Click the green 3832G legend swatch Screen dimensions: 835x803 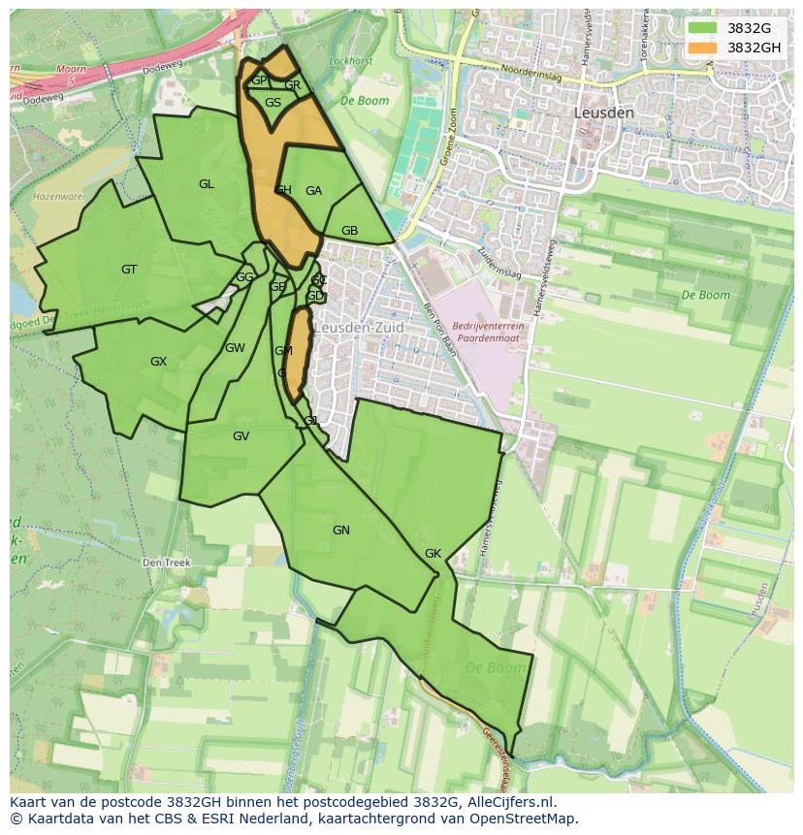point(702,28)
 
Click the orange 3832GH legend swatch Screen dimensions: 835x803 point(702,48)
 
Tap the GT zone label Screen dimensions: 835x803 point(129,270)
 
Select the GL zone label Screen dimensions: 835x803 point(207,184)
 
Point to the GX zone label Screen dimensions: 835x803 point(158,362)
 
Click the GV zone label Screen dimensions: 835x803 point(241,436)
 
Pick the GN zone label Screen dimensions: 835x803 point(340,530)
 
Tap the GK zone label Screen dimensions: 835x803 point(433,554)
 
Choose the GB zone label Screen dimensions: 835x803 point(349,231)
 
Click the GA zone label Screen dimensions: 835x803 point(313,191)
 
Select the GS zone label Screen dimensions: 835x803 point(273,103)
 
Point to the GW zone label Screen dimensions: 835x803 point(235,348)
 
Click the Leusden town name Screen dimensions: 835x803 point(604,112)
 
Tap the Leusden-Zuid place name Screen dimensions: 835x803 point(359,328)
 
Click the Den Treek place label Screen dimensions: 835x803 point(167,562)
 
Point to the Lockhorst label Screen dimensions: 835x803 point(351,61)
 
